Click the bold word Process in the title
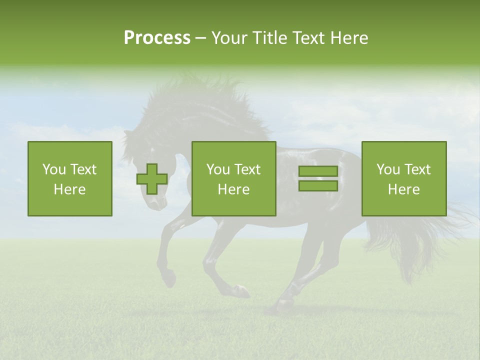coord(157,37)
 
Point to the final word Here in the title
coord(349,37)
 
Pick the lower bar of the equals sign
coord(318,186)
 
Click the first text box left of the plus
coord(70,178)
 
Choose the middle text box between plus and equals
coord(234,178)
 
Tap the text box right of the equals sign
coord(404,178)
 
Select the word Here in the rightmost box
coord(403,189)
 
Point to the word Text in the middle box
coord(247,169)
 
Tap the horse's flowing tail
coord(425,235)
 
